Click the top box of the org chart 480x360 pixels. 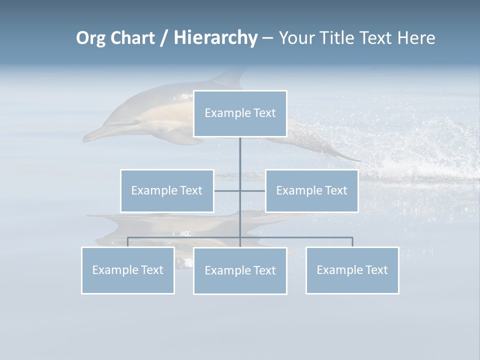[240, 113]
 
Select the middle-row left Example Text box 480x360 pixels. [167, 190]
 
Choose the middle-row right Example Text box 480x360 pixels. [311, 190]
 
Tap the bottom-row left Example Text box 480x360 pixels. [128, 270]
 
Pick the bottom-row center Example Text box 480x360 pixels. [240, 270]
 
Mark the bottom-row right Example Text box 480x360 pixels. [352, 270]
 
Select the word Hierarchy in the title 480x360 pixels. [215, 38]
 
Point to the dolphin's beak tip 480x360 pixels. [84, 137]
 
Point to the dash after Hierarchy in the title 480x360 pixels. [267, 38]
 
